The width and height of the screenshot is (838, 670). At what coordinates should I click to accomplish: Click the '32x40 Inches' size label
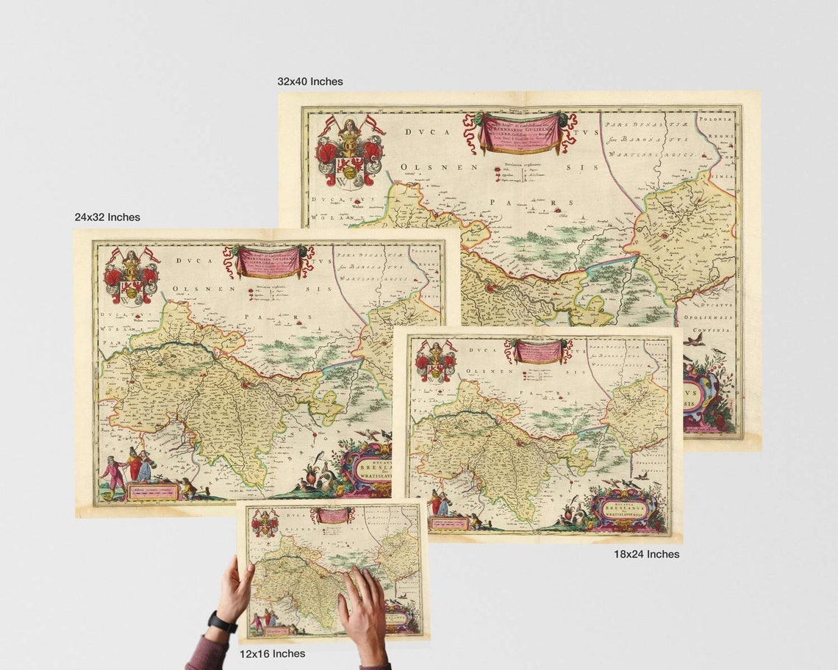309,82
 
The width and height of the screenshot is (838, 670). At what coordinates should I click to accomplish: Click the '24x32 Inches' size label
107,217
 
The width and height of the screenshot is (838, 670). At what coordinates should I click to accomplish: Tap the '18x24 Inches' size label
646,554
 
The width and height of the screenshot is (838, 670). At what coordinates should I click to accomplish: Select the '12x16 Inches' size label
272,653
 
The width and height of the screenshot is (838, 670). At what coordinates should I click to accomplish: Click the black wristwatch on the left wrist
221,624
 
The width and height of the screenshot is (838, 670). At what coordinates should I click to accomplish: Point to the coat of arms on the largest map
350,151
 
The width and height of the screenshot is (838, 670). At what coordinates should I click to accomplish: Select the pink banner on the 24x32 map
268,261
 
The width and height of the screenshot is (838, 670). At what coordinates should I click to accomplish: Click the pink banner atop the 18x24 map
542,351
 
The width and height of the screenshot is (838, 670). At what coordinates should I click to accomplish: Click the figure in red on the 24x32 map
112,474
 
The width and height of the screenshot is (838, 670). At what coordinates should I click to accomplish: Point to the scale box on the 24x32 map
153,491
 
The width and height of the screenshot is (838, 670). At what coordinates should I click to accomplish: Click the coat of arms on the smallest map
265,524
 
